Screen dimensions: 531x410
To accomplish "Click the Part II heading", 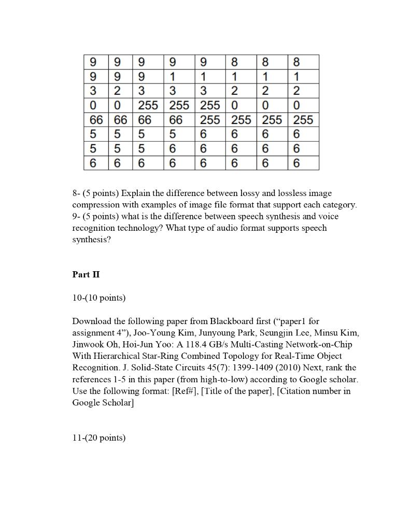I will (86, 275).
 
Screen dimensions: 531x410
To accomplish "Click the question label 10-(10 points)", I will (98, 298).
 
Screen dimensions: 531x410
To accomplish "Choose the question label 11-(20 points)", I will (98, 438).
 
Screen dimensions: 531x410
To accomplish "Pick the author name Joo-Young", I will (152, 333).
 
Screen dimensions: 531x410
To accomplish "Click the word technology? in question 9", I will (143, 228).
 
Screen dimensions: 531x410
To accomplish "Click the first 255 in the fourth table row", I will (148, 106).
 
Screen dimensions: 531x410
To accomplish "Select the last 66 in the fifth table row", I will (176, 120).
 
